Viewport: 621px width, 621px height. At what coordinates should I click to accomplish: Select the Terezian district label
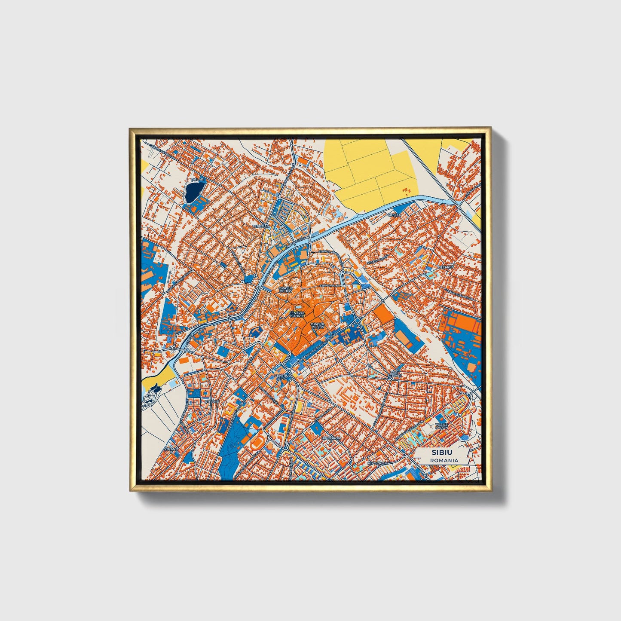pos(261,226)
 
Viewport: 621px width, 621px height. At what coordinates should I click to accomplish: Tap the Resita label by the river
pos(394,214)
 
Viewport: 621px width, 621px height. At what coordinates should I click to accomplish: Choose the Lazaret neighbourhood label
pos(446,267)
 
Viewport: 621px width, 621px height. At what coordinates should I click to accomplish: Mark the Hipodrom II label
pos(377,463)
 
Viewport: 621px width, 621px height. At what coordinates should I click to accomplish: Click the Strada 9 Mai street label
pos(330,285)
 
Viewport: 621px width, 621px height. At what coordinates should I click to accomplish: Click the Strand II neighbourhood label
pos(171,450)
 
